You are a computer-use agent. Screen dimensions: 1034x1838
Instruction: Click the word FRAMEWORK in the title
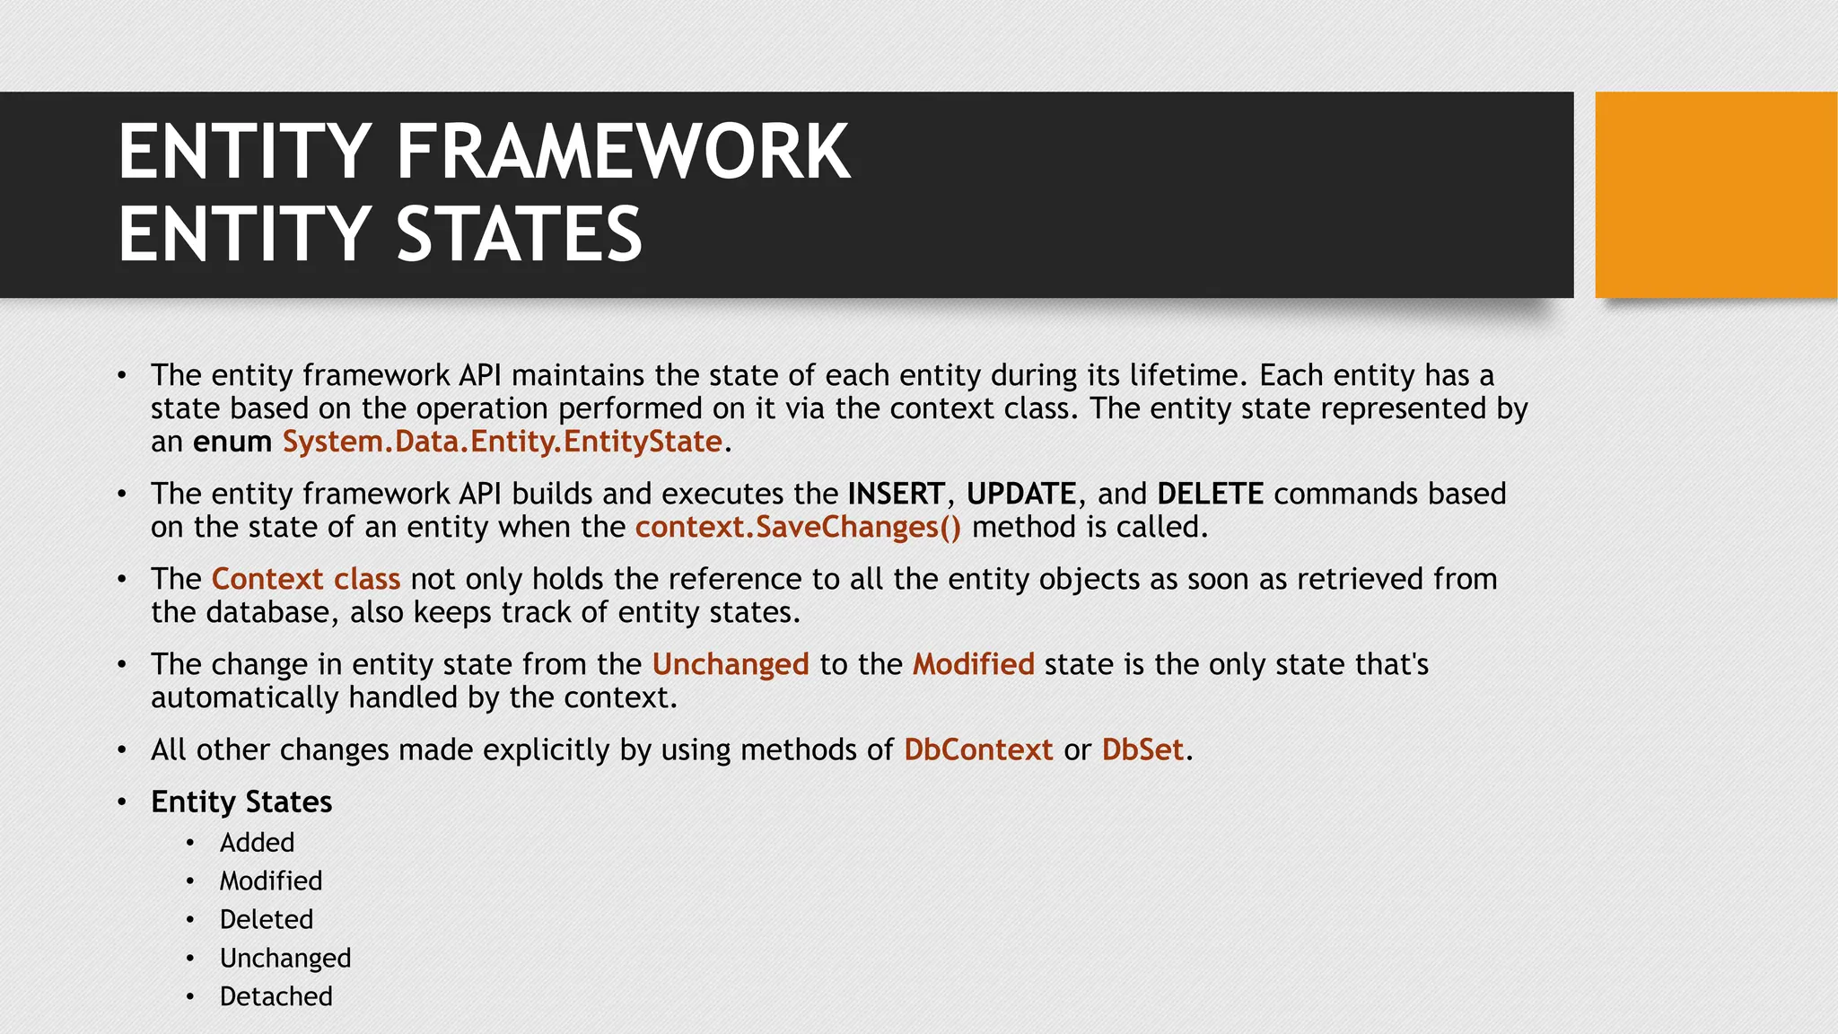coord(623,153)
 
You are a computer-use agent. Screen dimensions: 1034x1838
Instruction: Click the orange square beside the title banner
coord(1715,195)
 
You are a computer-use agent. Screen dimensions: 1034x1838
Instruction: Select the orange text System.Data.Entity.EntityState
coord(503,442)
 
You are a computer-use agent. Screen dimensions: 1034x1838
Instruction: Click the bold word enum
coord(232,442)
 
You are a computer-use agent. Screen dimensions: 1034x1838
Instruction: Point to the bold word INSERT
coord(896,494)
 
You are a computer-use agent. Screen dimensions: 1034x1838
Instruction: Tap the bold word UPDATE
coord(1020,494)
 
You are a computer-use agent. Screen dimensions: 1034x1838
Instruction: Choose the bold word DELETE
coord(1210,494)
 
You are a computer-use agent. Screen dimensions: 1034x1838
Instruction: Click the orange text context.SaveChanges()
coord(798,527)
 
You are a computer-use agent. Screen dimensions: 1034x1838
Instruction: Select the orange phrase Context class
coord(306,579)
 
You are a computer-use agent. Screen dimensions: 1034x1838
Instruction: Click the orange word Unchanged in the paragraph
coord(731,664)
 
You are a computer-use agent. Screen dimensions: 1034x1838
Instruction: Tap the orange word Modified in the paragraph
coord(974,664)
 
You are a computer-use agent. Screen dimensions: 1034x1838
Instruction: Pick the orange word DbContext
coord(978,749)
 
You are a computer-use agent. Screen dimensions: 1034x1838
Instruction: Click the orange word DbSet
coord(1142,749)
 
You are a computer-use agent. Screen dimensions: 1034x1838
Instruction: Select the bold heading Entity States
coord(241,802)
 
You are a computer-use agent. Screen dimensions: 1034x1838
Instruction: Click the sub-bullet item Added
coord(257,843)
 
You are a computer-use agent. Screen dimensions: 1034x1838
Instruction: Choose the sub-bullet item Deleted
coord(267,920)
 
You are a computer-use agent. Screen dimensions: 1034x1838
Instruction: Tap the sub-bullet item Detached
coord(276,996)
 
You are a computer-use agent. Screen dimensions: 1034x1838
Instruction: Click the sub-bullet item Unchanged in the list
coord(285,959)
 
